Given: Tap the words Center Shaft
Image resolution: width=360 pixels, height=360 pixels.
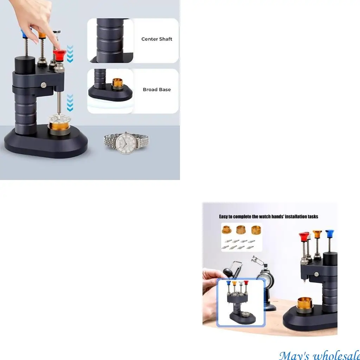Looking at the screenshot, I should (x=157, y=39).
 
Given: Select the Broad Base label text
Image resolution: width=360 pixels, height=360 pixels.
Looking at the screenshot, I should (x=157, y=90).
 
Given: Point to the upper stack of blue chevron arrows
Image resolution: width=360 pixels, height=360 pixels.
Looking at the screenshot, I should (x=70, y=54).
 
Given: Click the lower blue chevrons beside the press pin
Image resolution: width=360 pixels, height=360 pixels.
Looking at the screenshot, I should (x=70, y=103).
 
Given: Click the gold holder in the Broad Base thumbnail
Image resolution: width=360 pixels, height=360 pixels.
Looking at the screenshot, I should (x=117, y=84).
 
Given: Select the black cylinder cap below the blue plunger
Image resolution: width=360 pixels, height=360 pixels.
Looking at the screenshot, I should (x=25, y=65).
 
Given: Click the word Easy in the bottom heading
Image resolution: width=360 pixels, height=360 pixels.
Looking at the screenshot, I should (x=224, y=217).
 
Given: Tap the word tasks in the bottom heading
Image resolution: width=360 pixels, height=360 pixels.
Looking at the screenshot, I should (x=312, y=217).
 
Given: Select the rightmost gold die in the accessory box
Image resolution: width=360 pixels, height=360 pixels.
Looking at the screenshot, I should (x=255, y=230).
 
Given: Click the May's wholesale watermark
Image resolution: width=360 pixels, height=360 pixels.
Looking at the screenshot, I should (x=319, y=355).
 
